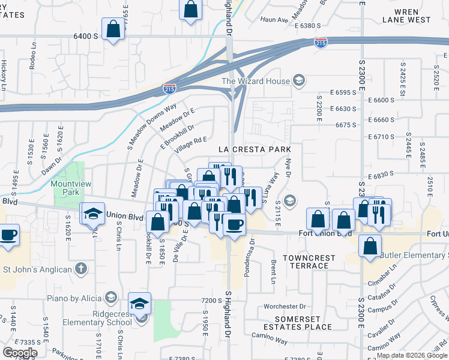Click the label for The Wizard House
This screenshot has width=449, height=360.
point(256,81)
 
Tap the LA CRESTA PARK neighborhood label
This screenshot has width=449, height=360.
point(254,149)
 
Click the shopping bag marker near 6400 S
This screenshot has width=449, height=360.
point(113,29)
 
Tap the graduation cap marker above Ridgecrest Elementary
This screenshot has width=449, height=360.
point(140,304)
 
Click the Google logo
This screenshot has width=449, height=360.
point(20,352)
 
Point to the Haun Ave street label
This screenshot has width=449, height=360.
point(274,20)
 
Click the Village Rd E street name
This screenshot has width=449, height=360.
point(190,144)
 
